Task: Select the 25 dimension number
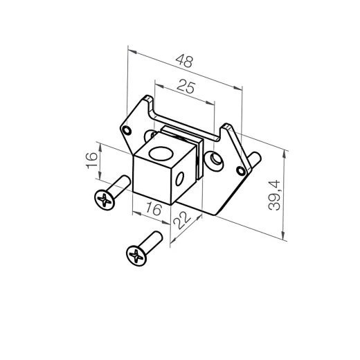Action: coord(186,88)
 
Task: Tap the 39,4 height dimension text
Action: coord(276,195)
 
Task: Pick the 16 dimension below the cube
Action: coord(154,208)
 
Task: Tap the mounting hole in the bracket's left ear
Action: coord(127,129)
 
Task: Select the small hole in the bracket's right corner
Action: coord(242,170)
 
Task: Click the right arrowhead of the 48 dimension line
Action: coord(243,87)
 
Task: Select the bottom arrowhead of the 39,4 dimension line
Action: coord(285,239)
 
